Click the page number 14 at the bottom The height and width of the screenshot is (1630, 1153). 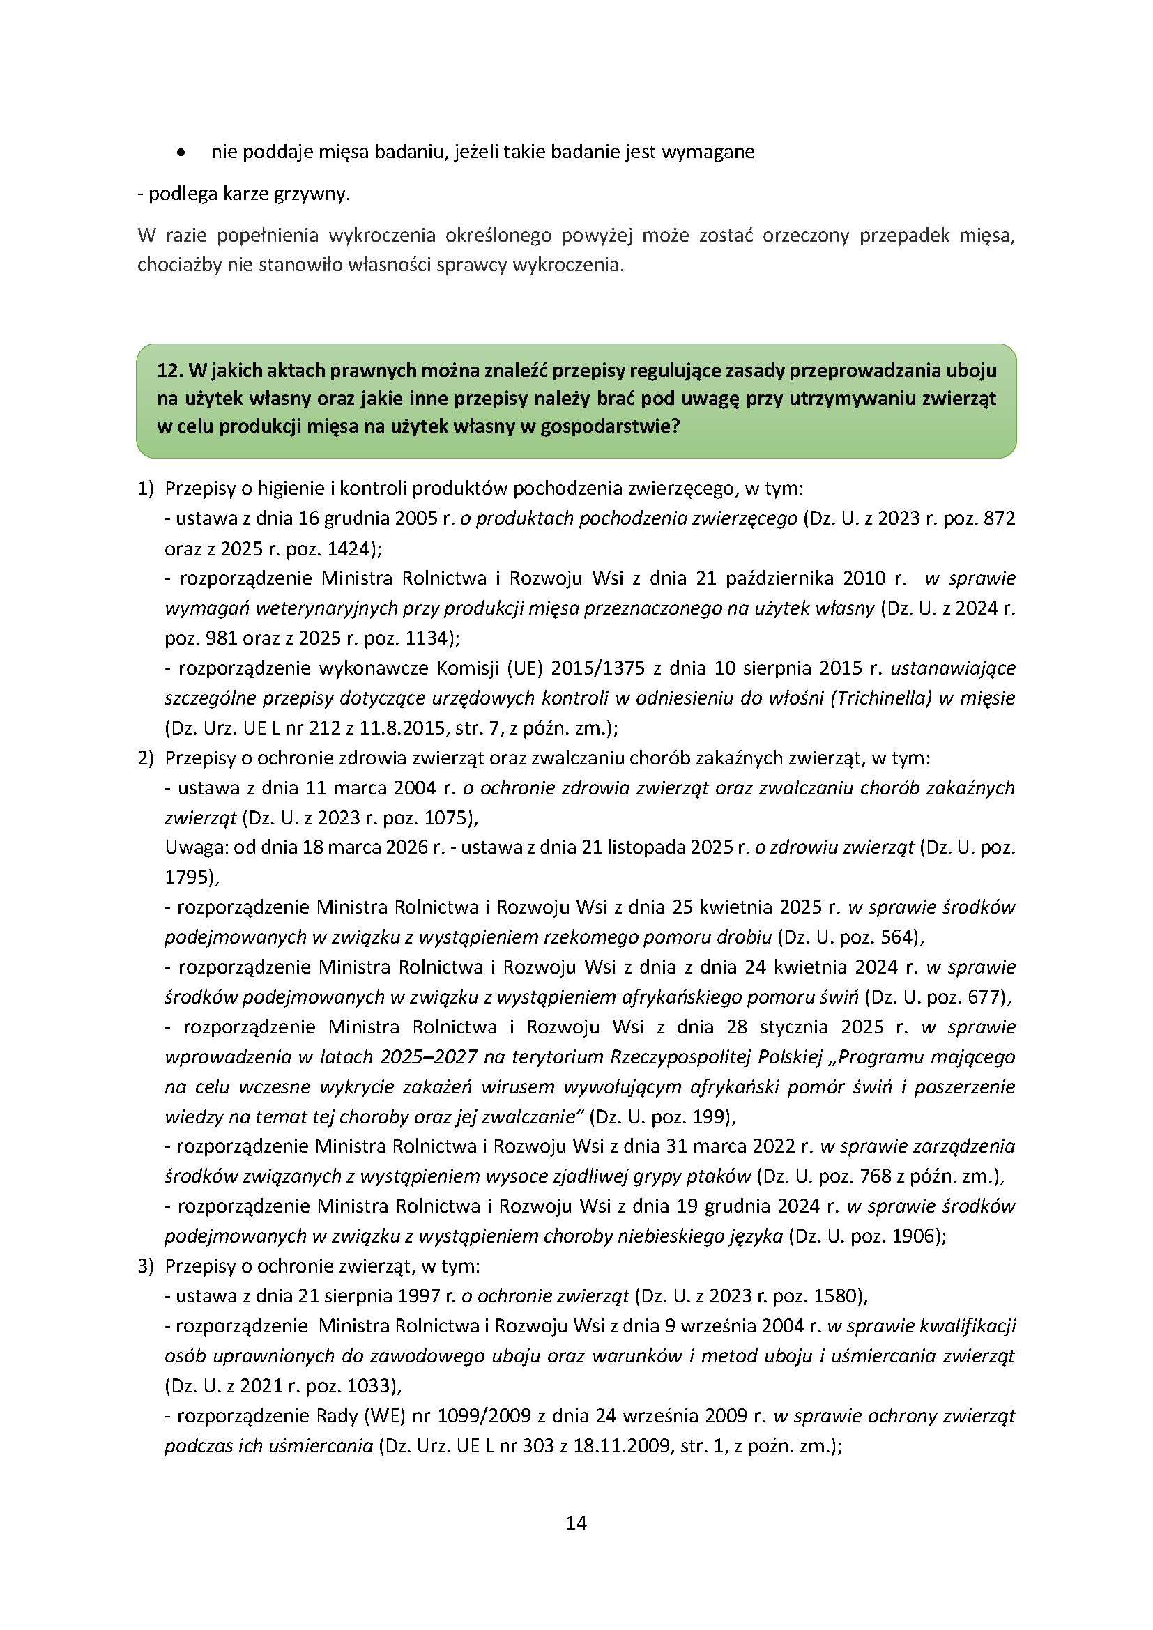pyautogui.click(x=576, y=1523)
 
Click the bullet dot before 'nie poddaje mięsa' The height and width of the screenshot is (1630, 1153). pyautogui.click(x=182, y=153)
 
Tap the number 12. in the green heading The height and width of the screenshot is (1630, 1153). pyautogui.click(x=169, y=371)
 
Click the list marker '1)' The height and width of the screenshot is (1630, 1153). pyautogui.click(x=145, y=489)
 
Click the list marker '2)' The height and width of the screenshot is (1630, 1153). pyautogui.click(x=145, y=758)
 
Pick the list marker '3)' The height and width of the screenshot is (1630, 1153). pyautogui.click(x=145, y=1266)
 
